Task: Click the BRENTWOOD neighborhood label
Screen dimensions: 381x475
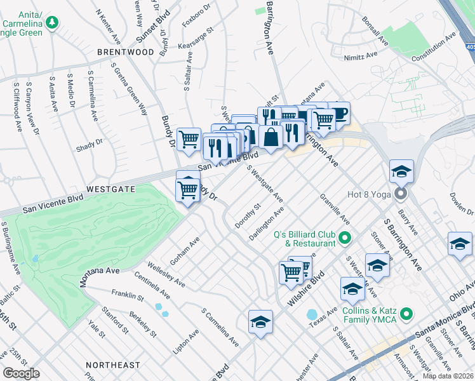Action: click(126, 51)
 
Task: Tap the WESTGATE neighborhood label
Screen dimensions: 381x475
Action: click(110, 189)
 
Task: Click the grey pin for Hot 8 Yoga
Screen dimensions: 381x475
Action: click(401, 192)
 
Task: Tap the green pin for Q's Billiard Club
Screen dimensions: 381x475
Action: click(345, 239)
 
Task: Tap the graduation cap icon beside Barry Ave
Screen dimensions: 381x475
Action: click(401, 171)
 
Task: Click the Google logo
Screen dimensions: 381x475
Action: click(22, 373)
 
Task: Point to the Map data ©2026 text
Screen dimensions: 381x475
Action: click(448, 376)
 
